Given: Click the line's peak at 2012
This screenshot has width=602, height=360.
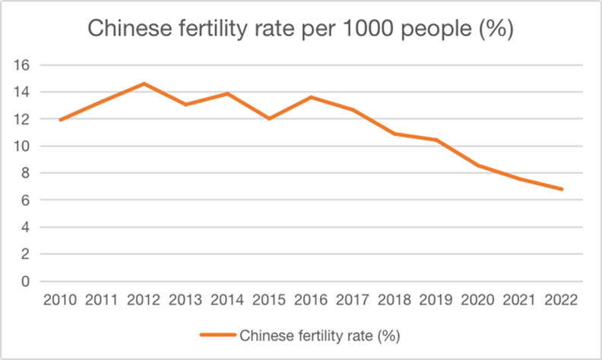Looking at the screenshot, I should pyautogui.click(x=144, y=84).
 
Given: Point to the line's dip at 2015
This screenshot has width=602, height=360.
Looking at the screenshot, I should pyautogui.click(x=269, y=118).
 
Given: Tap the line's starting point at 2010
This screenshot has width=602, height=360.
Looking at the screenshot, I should pyautogui.click(x=60, y=120).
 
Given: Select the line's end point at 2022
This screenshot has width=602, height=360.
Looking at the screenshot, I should pyautogui.click(x=562, y=189).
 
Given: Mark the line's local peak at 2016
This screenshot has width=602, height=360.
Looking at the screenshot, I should pyautogui.click(x=311, y=97).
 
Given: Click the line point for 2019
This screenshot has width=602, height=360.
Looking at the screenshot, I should pyautogui.click(x=436, y=140).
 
